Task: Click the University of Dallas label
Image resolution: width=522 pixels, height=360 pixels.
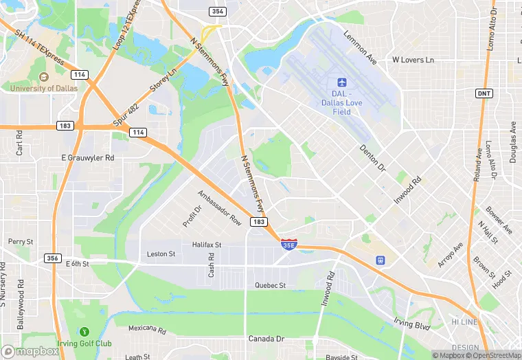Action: [43, 88]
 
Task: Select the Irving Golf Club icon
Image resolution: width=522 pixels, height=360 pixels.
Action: [84, 333]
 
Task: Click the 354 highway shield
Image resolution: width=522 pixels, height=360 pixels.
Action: [218, 12]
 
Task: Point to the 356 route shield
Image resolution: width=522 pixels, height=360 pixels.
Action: [53, 258]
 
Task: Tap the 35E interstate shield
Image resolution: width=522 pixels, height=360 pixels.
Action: [290, 244]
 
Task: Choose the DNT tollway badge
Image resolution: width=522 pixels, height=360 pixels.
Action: [484, 93]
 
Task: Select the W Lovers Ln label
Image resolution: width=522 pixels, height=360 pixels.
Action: [413, 60]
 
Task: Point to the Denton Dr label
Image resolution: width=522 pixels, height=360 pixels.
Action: [373, 157]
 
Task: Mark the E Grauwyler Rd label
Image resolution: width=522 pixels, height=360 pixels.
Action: [87, 157]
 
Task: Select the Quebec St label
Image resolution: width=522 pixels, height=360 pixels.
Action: [269, 285]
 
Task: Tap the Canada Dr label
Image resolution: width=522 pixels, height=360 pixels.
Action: [266, 339]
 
